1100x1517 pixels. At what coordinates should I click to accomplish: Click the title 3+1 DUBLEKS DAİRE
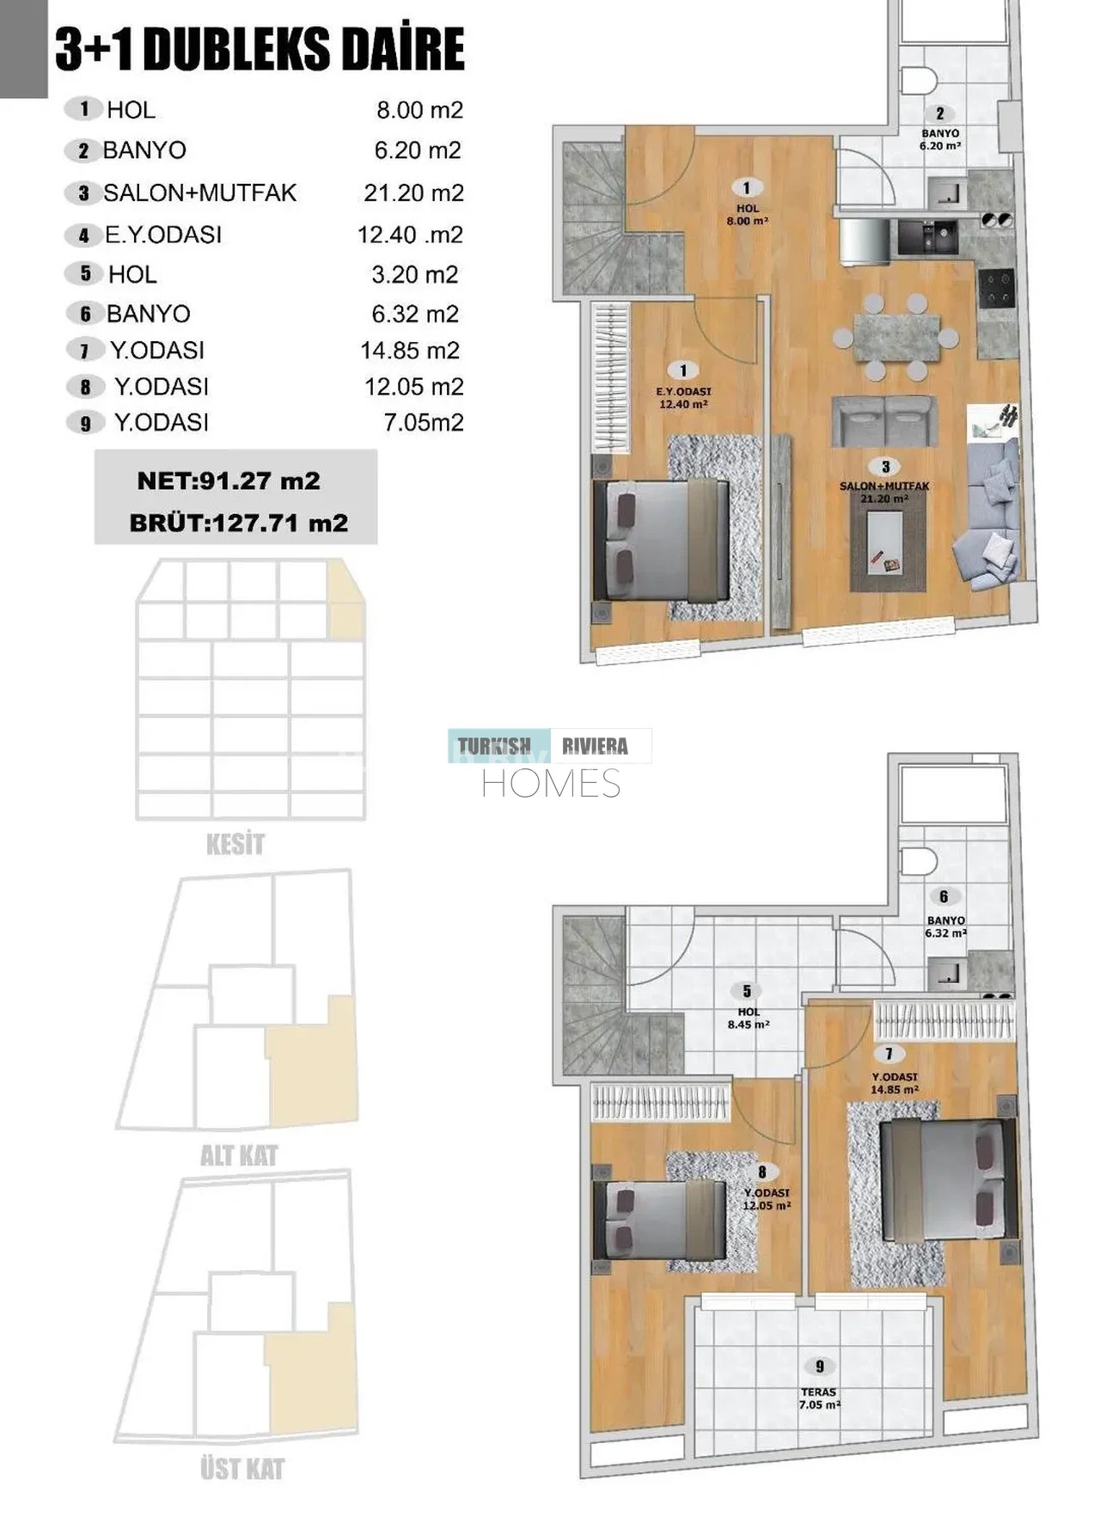click(x=260, y=49)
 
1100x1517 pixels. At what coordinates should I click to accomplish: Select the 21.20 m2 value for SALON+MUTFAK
click(x=413, y=193)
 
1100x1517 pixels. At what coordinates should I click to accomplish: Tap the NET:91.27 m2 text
click(x=229, y=480)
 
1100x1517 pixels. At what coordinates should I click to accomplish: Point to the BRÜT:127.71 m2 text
click(x=239, y=523)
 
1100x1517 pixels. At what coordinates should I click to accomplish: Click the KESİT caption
click(x=235, y=844)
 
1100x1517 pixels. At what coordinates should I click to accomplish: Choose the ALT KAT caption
click(x=239, y=1155)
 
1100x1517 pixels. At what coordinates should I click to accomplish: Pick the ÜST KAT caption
click(x=242, y=1468)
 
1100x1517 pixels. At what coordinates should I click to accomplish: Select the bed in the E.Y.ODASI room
click(x=662, y=540)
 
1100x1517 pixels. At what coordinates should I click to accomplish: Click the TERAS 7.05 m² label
click(x=819, y=1398)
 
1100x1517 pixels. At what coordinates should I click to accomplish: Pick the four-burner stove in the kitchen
click(x=997, y=289)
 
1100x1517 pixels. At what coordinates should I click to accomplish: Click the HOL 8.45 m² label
click(x=749, y=1018)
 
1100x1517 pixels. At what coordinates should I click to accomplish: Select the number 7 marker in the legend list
click(x=84, y=351)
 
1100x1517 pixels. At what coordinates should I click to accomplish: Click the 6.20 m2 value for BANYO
click(x=418, y=150)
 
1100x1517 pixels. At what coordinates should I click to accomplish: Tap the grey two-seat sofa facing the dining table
click(x=885, y=421)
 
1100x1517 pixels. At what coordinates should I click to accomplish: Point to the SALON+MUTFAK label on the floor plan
click(x=884, y=486)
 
